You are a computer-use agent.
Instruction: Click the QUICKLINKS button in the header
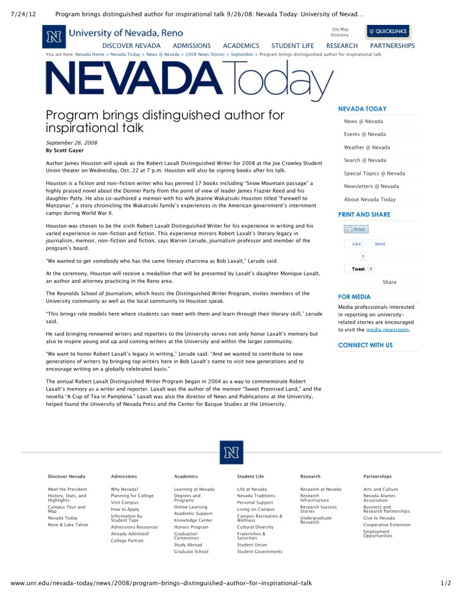pos(388,31)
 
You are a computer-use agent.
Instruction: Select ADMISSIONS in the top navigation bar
pos(191,46)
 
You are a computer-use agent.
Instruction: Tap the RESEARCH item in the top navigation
pos(342,46)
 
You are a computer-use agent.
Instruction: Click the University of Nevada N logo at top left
pos(54,37)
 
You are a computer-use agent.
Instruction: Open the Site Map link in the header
pos(340,29)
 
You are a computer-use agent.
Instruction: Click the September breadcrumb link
pos(242,55)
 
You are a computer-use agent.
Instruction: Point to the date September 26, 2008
pos(72,143)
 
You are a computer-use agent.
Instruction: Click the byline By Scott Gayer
pos(65,151)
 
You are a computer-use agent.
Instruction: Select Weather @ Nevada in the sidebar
pos(367,148)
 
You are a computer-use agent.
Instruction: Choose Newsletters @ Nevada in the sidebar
pos(371,187)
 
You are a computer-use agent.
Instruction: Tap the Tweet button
pos(358,269)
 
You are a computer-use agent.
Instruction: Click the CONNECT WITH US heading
pos(365,345)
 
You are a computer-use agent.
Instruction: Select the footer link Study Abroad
pos(188,545)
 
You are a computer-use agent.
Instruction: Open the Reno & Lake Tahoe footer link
pos(68,525)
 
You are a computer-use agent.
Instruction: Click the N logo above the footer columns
pos(230,453)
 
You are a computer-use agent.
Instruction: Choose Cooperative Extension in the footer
pos(387,525)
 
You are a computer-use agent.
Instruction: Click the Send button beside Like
pos(379,244)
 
